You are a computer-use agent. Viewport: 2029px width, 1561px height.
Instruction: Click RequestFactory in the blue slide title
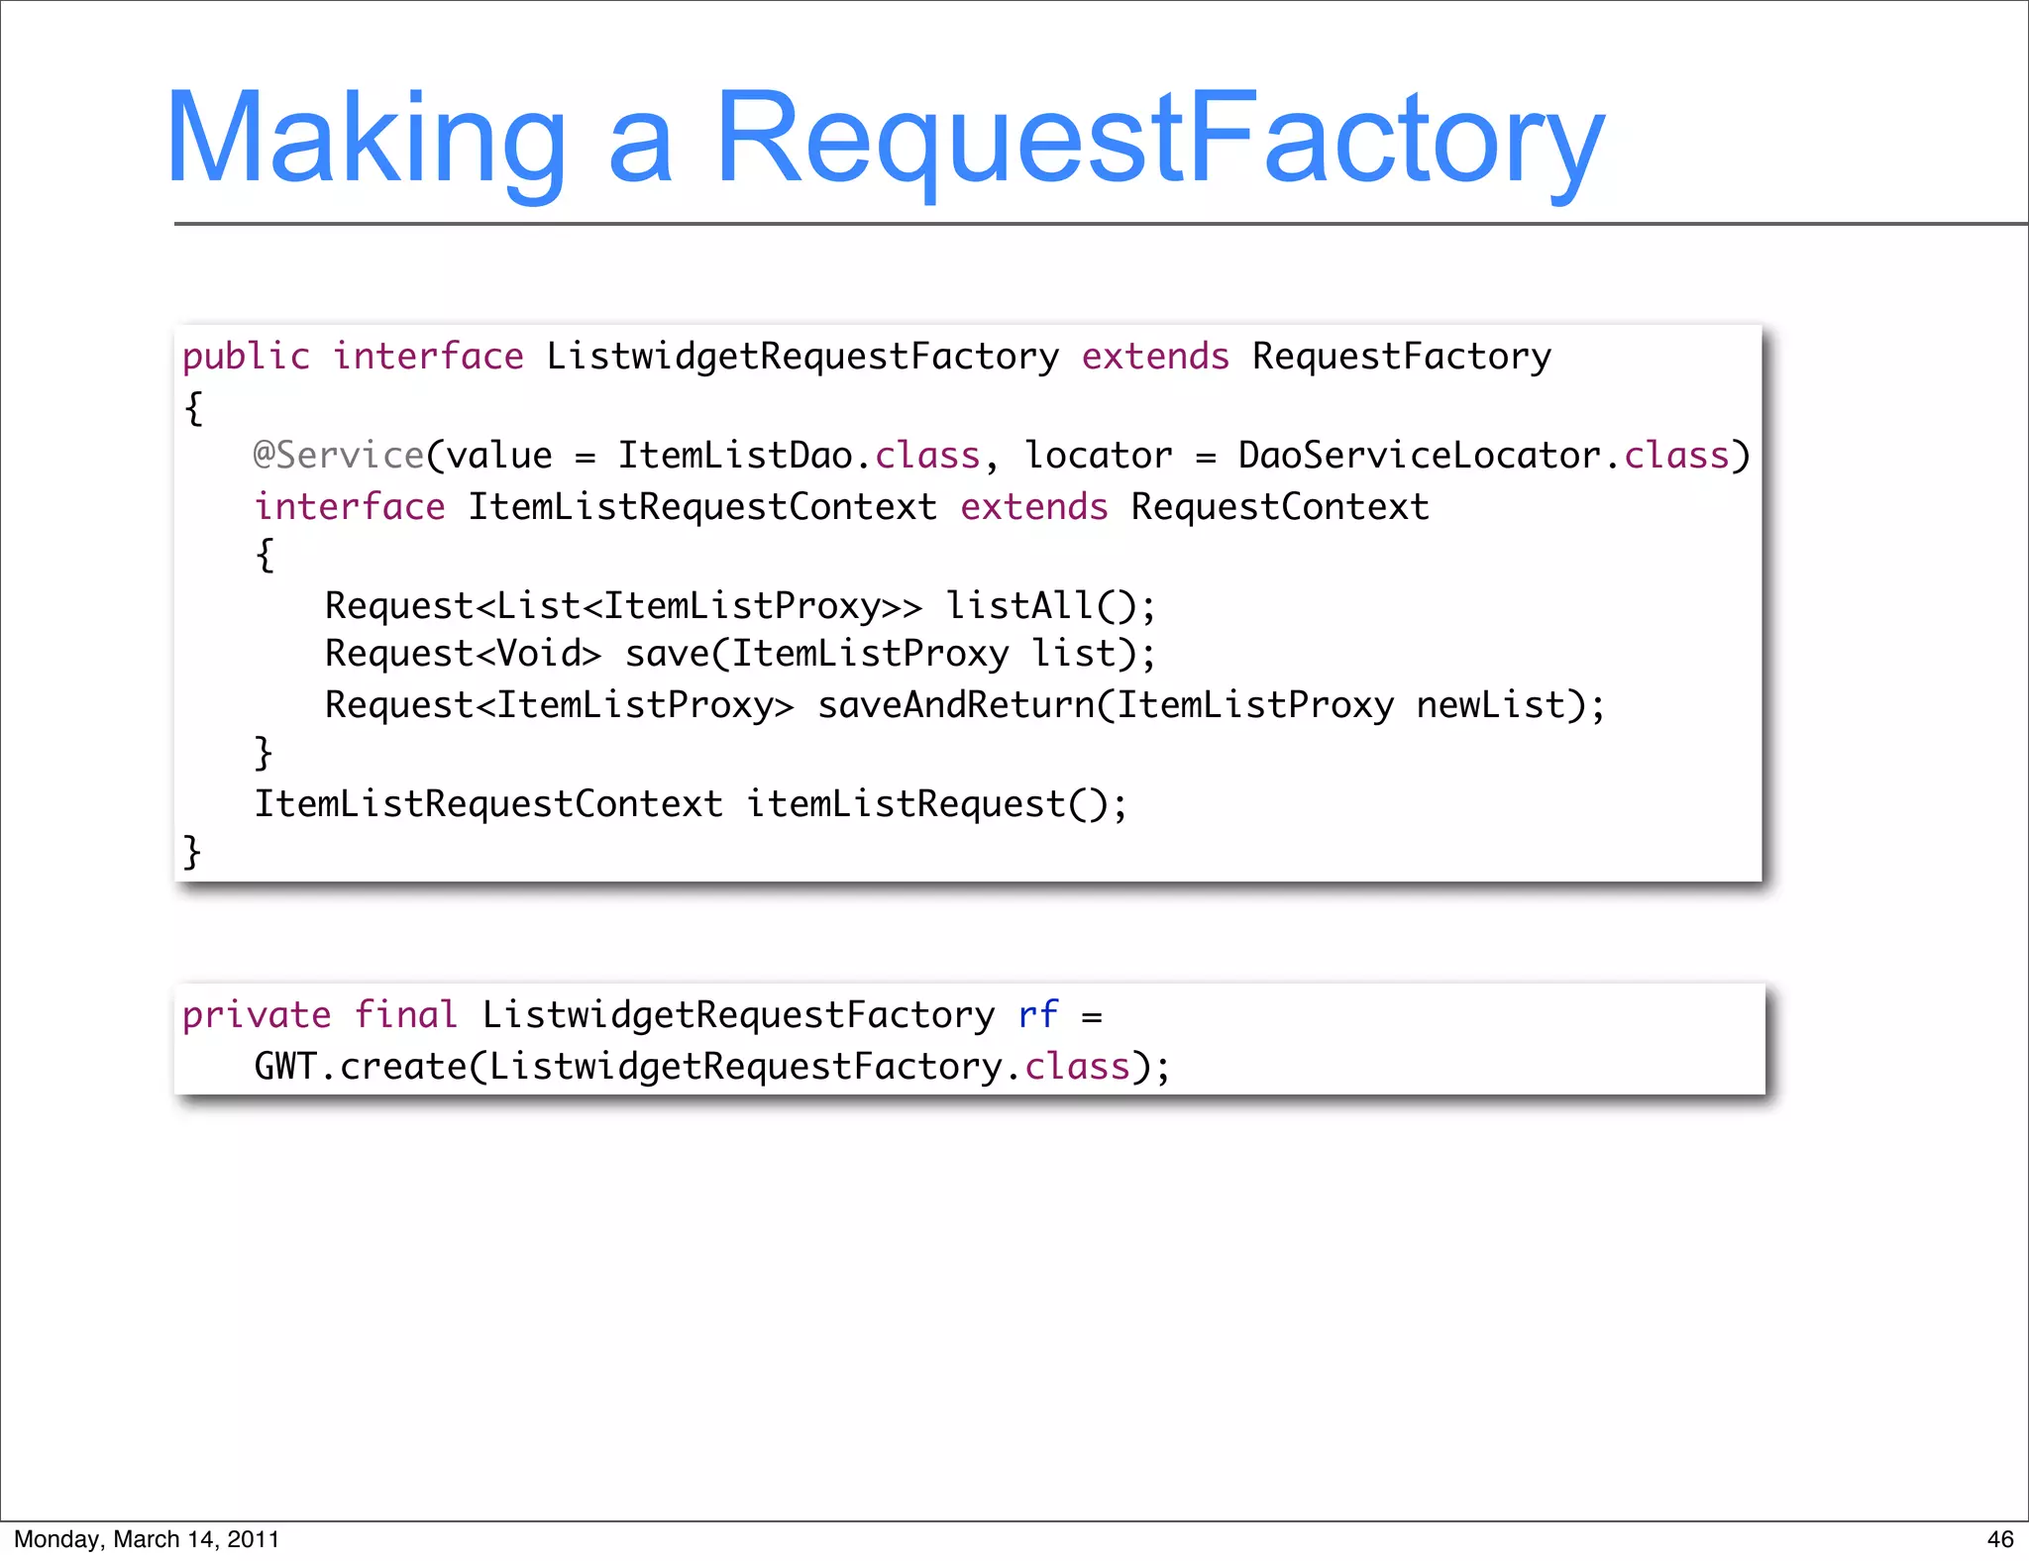point(1159,139)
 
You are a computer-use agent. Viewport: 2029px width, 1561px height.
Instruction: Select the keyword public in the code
point(246,357)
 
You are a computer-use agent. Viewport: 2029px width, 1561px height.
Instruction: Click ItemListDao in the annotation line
point(734,456)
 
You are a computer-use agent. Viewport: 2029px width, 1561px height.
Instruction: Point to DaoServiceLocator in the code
point(1419,456)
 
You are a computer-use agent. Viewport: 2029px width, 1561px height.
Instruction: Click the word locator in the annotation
point(1098,456)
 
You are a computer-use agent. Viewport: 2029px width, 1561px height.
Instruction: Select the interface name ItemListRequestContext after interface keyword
point(701,507)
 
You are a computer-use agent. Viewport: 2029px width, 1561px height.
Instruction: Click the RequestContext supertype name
point(1280,507)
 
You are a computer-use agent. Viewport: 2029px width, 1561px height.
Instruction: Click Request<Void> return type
point(463,654)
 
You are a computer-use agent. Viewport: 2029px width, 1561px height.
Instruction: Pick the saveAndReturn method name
point(956,705)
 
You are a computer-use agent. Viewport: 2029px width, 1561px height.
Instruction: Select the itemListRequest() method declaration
point(934,804)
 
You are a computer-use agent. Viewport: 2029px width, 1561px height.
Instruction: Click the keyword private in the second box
point(257,1015)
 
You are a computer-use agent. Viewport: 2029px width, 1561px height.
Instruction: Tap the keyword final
point(405,1015)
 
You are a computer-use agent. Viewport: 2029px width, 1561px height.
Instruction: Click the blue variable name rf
point(1037,1015)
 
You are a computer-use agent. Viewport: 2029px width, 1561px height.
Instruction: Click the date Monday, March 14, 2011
point(147,1539)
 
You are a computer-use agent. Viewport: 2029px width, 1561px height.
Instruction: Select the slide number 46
point(1999,1539)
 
